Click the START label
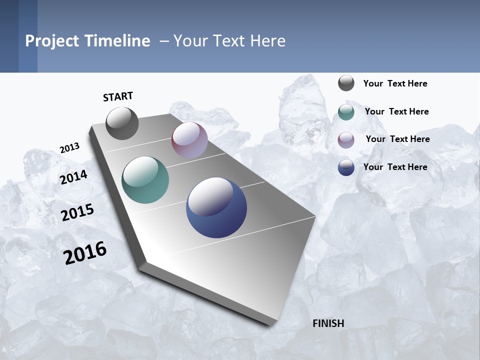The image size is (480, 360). click(118, 96)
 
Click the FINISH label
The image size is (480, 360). click(328, 323)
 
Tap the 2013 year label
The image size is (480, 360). click(69, 148)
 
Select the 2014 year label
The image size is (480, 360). click(73, 177)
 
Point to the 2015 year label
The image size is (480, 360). click(77, 212)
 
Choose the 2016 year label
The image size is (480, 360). click(85, 253)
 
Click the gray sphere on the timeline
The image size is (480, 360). click(122, 123)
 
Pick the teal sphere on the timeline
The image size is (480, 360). click(145, 180)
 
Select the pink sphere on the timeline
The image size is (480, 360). click(189, 140)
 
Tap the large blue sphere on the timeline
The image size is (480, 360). click(216, 207)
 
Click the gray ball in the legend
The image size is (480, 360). click(346, 83)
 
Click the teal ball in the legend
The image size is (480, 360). click(346, 112)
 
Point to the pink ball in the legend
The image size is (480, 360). click(346, 140)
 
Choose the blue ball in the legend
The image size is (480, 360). click(346, 167)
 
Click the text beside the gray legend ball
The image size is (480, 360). click(395, 83)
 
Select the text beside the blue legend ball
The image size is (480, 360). click(395, 167)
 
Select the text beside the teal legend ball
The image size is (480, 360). click(396, 111)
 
